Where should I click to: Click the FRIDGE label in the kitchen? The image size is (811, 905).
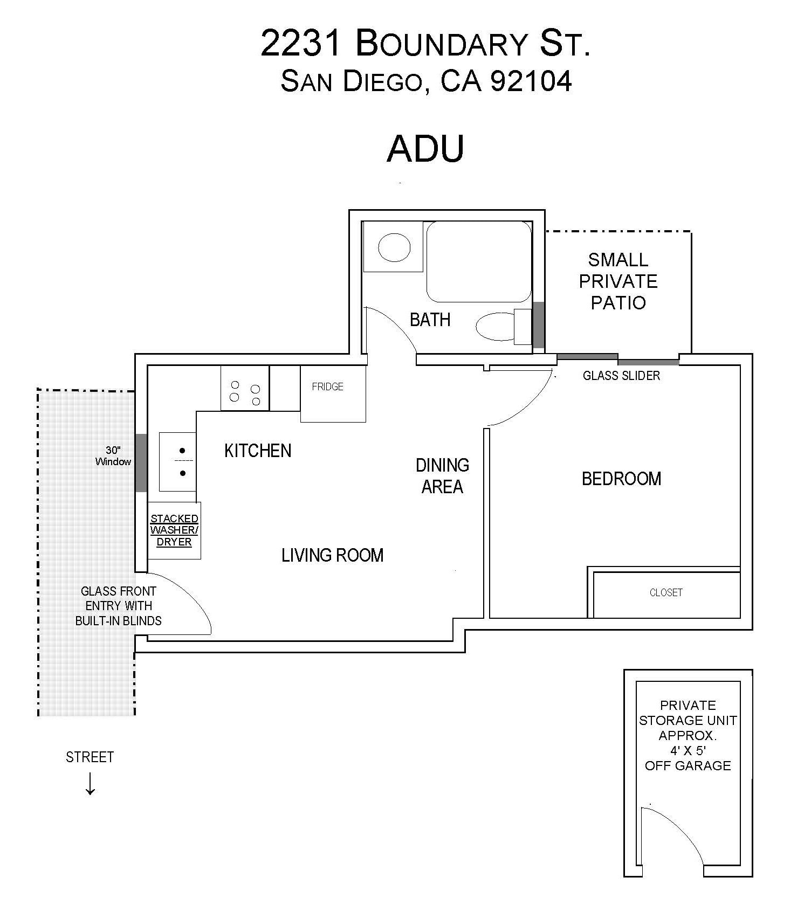pyautogui.click(x=327, y=386)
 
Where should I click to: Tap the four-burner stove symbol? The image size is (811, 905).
pyautogui.click(x=245, y=388)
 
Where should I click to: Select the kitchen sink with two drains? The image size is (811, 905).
pyautogui.click(x=177, y=461)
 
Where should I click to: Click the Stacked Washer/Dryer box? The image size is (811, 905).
pyautogui.click(x=174, y=530)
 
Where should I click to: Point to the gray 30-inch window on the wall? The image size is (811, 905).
pyautogui.click(x=141, y=462)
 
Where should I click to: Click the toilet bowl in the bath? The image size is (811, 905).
pyautogui.click(x=495, y=326)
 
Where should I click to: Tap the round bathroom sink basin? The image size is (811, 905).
pyautogui.click(x=394, y=247)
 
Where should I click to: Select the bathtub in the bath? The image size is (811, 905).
pyautogui.click(x=479, y=261)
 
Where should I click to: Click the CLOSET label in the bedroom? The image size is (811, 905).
pyautogui.click(x=666, y=592)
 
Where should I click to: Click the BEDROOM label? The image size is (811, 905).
pyautogui.click(x=621, y=479)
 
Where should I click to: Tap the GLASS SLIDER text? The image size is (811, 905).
pyautogui.click(x=621, y=376)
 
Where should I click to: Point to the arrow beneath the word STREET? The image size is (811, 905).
pyautogui.click(x=90, y=784)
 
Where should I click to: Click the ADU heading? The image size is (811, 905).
pyautogui.click(x=425, y=148)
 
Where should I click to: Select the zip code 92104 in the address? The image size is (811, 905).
pyautogui.click(x=531, y=81)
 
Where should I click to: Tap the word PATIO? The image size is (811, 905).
pyautogui.click(x=618, y=303)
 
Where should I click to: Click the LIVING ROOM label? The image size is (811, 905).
pyautogui.click(x=332, y=555)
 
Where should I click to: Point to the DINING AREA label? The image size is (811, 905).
pyautogui.click(x=442, y=476)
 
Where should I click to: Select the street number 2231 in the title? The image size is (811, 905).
pyautogui.click(x=300, y=43)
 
